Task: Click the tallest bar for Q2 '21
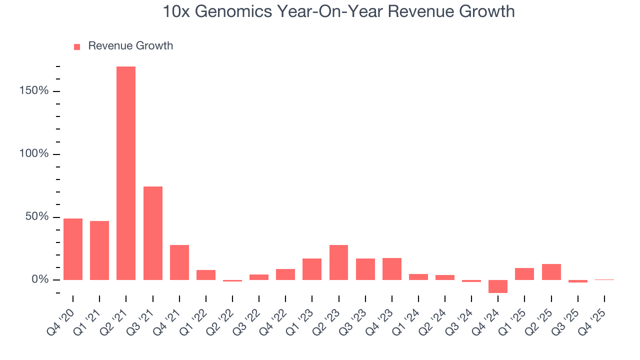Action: pos(126,173)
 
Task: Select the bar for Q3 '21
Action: pos(152,233)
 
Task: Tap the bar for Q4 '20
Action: pos(73,249)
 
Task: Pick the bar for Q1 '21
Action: pos(99,250)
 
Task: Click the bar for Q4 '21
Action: pos(179,262)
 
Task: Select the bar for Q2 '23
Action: pos(338,262)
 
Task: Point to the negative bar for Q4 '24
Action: pos(498,286)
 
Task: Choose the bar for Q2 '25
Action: pos(551,271)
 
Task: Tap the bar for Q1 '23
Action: pos(312,269)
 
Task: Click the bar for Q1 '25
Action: pos(524,273)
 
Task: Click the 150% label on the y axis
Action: pos(34,91)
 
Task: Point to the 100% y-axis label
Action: pos(34,154)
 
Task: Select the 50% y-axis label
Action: pos(37,217)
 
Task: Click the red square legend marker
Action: pos(77,46)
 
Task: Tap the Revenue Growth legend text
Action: pos(130,46)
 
